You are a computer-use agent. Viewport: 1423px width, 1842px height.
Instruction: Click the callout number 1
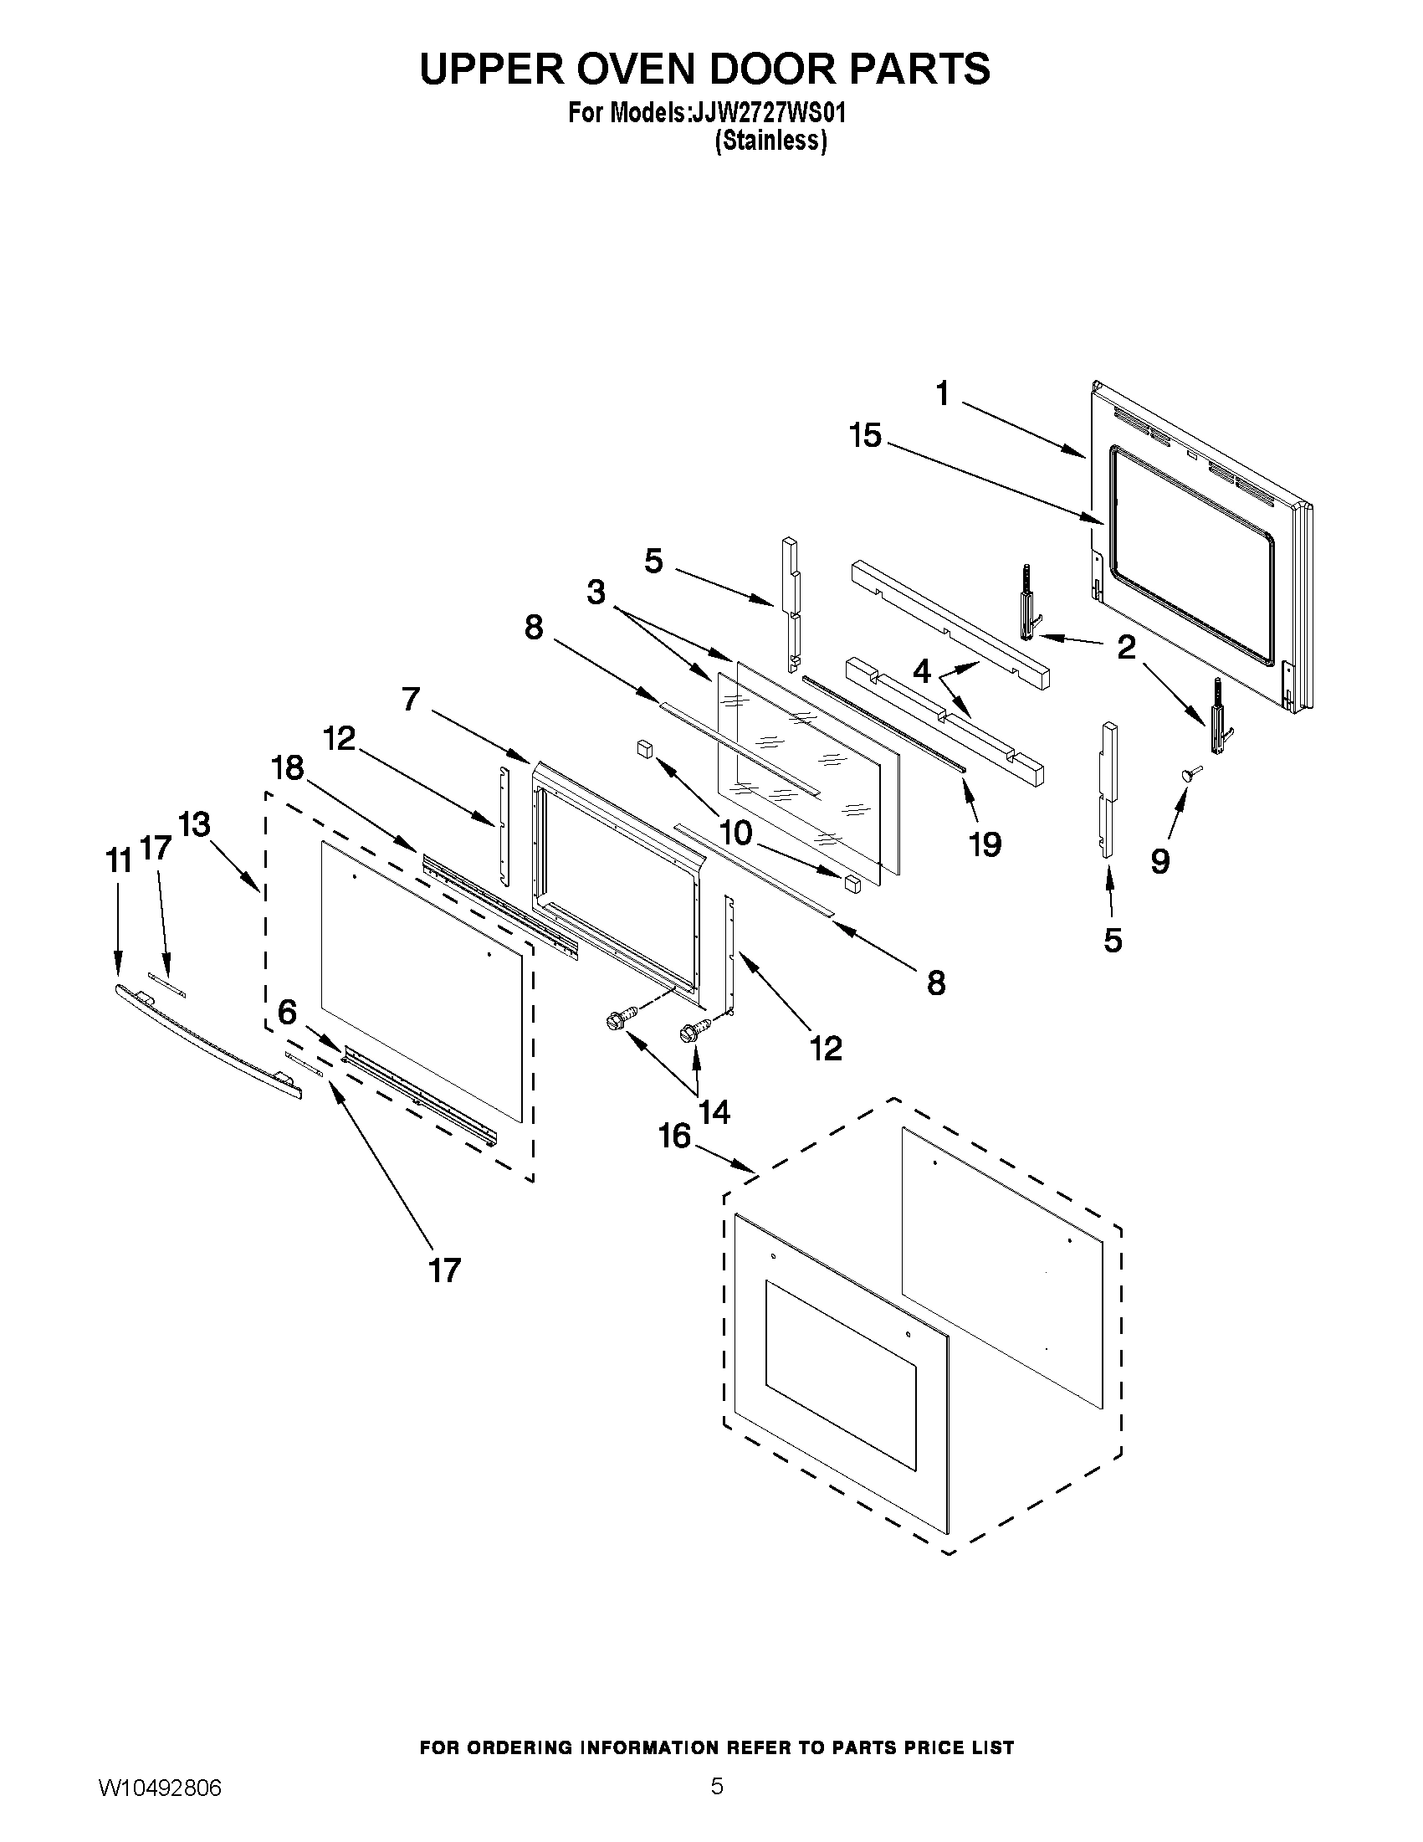tap(942, 393)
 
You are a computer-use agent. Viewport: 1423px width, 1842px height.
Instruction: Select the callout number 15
tap(865, 436)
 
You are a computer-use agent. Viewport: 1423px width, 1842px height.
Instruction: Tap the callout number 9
tap(1160, 861)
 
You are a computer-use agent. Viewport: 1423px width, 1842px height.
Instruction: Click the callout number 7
tap(411, 698)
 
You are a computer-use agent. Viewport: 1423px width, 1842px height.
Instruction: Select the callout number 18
tap(287, 767)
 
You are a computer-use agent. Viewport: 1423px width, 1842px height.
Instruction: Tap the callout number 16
tap(674, 1136)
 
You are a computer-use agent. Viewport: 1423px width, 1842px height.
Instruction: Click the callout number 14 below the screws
tap(714, 1112)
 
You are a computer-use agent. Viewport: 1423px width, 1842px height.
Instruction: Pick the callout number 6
tap(288, 1012)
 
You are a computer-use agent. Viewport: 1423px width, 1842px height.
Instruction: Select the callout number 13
tap(195, 825)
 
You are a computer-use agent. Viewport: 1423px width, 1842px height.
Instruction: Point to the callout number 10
tap(735, 834)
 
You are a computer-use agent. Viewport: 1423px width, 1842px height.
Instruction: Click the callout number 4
tap(922, 671)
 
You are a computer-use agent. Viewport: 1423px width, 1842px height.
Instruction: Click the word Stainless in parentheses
tap(770, 141)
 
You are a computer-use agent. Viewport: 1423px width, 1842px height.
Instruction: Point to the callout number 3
tap(596, 592)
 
